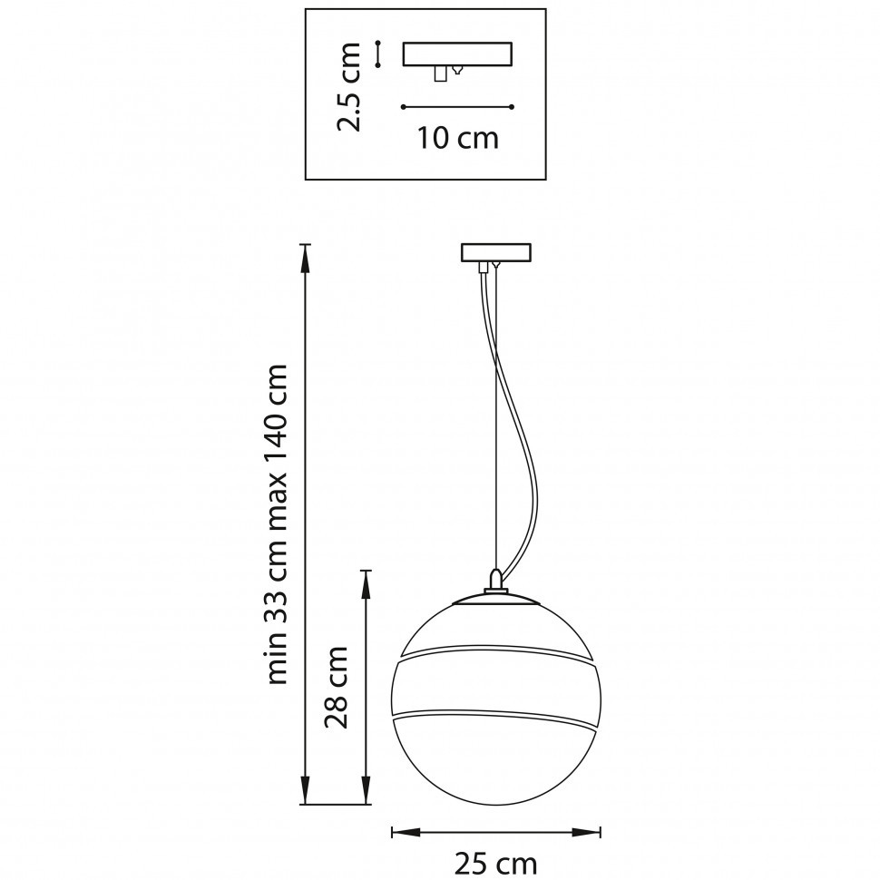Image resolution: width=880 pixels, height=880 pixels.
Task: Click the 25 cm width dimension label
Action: [x=495, y=864]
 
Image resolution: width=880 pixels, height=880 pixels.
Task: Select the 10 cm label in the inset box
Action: [x=458, y=138]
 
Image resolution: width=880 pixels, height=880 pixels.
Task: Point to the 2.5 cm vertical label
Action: [x=348, y=87]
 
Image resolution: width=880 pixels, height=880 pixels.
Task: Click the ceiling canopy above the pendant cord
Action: [x=496, y=252]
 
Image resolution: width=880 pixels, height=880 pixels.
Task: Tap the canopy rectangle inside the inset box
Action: [x=457, y=54]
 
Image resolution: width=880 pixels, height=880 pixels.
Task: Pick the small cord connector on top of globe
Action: [x=495, y=581]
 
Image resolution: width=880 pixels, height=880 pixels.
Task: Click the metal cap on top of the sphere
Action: [x=496, y=599]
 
